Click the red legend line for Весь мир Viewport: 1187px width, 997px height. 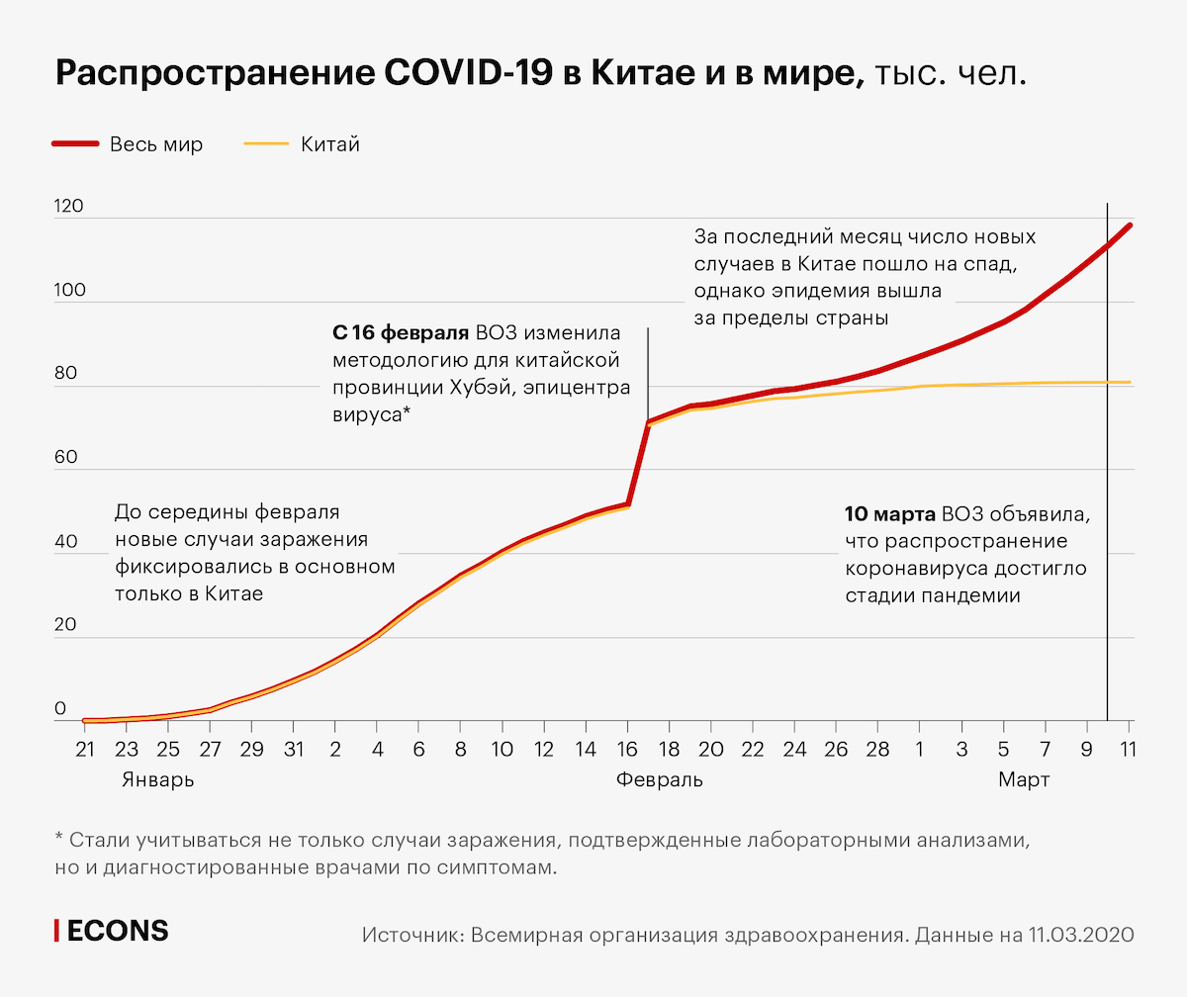pos(75,144)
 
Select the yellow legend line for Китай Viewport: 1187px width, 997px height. pos(264,144)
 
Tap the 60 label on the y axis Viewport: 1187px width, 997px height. pos(65,458)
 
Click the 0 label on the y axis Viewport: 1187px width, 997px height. pos(60,709)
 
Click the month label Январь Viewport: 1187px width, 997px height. pos(158,779)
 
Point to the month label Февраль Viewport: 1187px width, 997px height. pos(660,779)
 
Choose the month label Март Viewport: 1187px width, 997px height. pos(1024,779)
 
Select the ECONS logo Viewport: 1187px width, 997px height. pos(111,931)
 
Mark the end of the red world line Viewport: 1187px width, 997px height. pos(1129,226)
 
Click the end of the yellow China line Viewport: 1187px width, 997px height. pos(1129,382)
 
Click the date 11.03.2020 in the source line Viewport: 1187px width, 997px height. pos(1081,935)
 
